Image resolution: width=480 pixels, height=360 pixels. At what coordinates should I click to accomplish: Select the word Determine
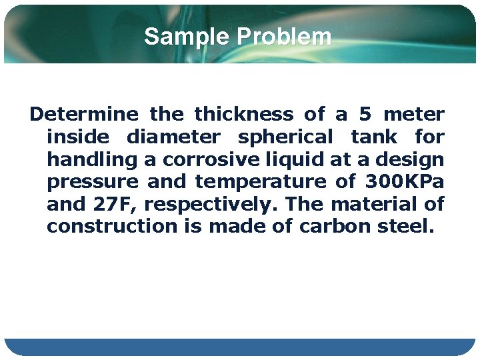(84, 115)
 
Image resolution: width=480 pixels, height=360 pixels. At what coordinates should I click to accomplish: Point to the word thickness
(243, 115)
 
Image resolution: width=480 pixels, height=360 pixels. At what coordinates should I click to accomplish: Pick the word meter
(415, 115)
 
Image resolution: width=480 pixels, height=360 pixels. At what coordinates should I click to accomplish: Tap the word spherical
(285, 137)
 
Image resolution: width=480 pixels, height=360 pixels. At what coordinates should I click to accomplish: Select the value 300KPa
(404, 182)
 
